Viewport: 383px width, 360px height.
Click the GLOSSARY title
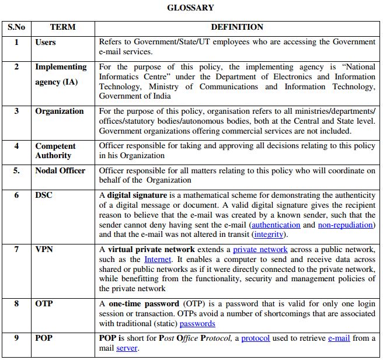click(190, 8)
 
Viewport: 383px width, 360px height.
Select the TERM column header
click(62, 27)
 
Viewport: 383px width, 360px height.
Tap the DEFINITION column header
click(236, 27)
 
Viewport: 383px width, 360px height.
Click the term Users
click(46, 42)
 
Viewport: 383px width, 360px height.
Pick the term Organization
click(59, 111)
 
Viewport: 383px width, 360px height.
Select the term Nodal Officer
click(60, 170)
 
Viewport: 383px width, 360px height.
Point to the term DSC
click(44, 195)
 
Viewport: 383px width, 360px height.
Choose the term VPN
click(44, 249)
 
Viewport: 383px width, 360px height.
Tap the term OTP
click(44, 303)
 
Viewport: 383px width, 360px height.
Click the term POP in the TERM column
click(44, 338)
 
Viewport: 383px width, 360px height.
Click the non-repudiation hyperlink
click(345, 225)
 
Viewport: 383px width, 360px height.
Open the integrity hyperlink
click(269, 235)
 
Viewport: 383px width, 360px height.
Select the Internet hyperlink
click(158, 259)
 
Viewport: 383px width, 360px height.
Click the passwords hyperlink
click(197, 323)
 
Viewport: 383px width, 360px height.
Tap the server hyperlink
click(127, 348)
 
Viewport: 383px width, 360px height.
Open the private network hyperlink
click(260, 249)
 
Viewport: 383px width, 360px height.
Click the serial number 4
click(16, 146)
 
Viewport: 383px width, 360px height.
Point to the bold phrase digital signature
click(137, 195)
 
